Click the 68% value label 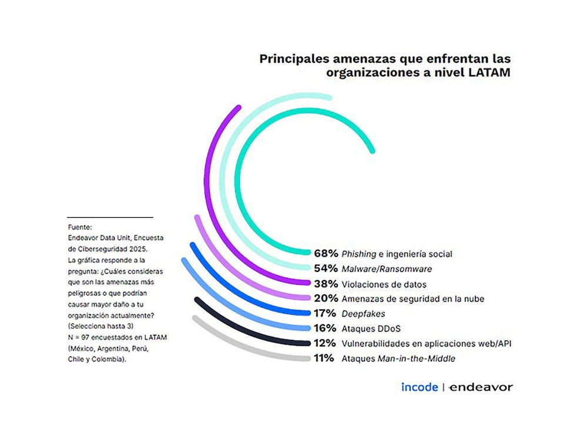(x=325, y=254)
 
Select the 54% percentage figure (x=325, y=268)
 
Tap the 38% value (x=325, y=284)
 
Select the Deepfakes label (x=363, y=314)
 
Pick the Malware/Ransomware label (x=387, y=269)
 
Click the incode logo (x=419, y=387)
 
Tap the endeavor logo (x=481, y=387)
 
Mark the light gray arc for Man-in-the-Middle (x=235, y=347)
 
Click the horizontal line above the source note (x=109, y=217)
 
